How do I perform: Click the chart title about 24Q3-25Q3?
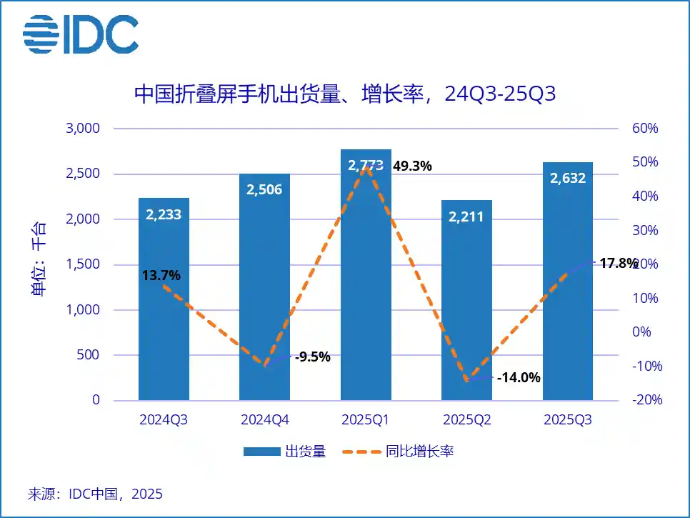pos(345,94)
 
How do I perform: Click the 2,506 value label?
pos(264,189)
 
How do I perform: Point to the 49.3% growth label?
pos(412,166)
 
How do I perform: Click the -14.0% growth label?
pos(519,377)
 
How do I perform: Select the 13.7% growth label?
pos(162,275)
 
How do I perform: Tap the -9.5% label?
pos(313,357)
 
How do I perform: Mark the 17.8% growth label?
pos(618,264)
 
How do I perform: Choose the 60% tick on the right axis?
pos(644,129)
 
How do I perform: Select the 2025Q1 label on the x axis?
pos(366,419)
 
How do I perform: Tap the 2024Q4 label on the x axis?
pos(264,419)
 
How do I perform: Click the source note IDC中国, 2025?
pos(95,494)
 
